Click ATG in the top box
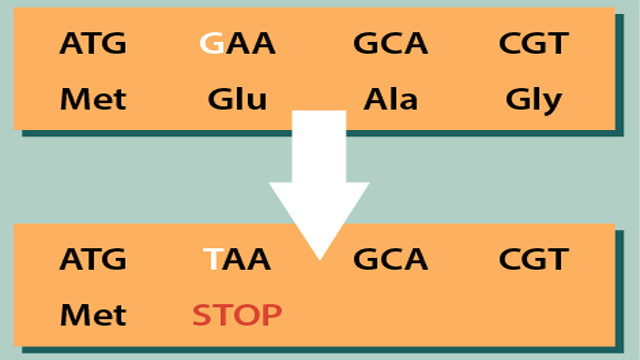93,44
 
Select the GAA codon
237,44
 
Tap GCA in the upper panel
390,44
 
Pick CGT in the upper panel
534,44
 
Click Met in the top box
93,100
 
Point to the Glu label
237,101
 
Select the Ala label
390,100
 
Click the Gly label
534,101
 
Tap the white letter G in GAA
211,44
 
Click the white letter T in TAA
212,260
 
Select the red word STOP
237,316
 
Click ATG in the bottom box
93,260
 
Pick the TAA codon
237,260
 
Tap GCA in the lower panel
390,260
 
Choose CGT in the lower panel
534,260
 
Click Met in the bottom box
93,316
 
